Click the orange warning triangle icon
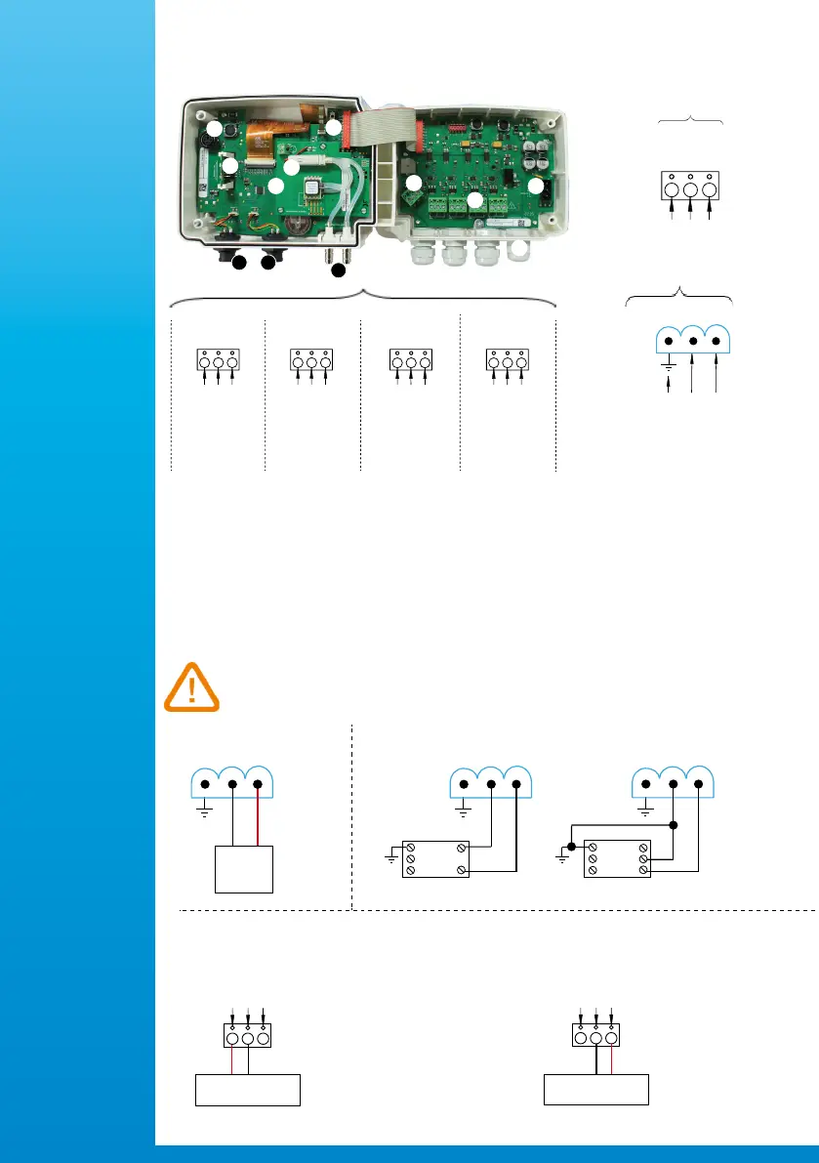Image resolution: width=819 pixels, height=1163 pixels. pyautogui.click(x=191, y=686)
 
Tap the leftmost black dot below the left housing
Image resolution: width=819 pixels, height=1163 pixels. pyautogui.click(x=238, y=262)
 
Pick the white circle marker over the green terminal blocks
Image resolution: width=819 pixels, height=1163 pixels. pyautogui.click(x=475, y=200)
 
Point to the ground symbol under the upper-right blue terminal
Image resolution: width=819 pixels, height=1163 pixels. pyautogui.click(x=668, y=365)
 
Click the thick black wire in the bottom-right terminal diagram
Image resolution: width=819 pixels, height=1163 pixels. pyautogui.click(x=595, y=1056)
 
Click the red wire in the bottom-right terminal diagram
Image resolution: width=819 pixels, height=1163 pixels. pyautogui.click(x=612, y=1056)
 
